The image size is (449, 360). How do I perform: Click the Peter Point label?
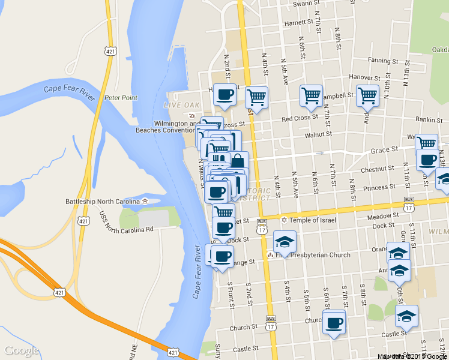(x=121, y=98)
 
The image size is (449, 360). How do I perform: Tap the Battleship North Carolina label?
(x=103, y=202)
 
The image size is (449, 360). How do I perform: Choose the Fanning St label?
(x=383, y=61)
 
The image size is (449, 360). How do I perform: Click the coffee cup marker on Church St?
(x=334, y=323)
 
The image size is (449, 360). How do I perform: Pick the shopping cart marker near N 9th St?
(x=367, y=95)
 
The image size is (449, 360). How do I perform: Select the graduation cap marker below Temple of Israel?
(x=285, y=242)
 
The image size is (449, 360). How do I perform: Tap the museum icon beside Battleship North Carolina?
(x=145, y=202)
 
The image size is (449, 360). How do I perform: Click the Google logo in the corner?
(x=22, y=350)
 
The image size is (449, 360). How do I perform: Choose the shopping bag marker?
(x=238, y=161)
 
